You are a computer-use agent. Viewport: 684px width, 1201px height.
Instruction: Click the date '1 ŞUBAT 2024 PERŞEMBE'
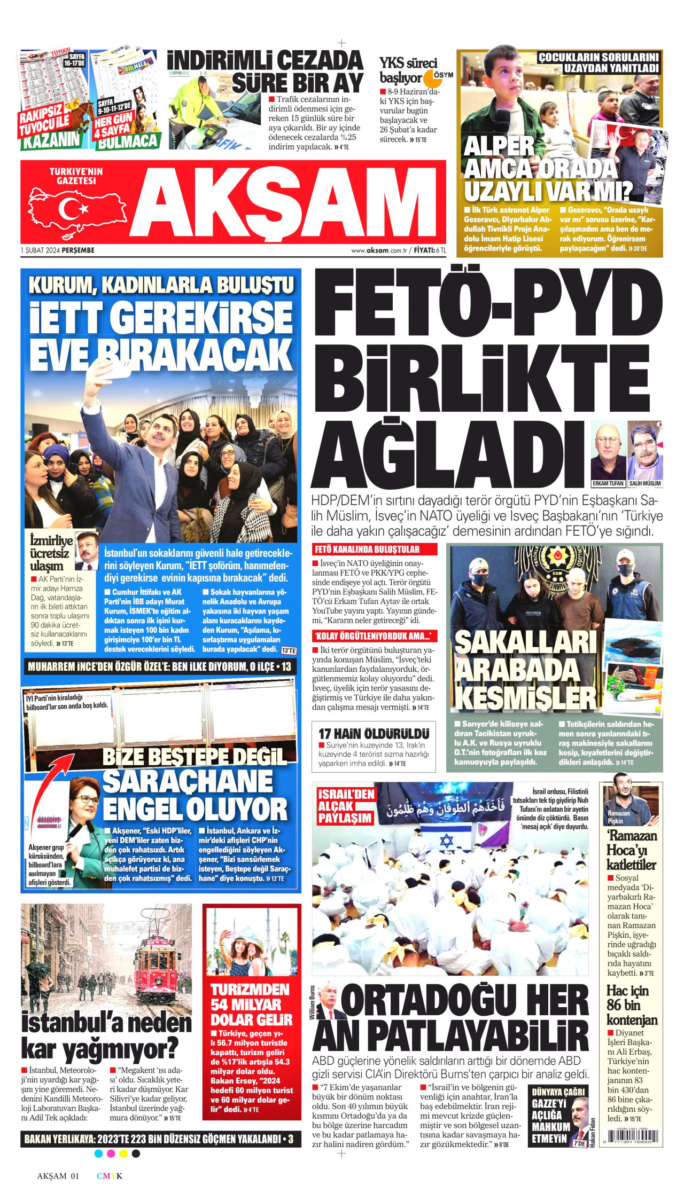coord(57,250)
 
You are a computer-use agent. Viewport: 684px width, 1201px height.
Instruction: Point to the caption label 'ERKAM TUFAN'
coord(608,483)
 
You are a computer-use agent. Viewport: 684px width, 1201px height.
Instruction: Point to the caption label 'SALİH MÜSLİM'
coord(645,483)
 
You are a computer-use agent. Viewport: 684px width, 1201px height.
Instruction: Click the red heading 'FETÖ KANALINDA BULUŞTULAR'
coord(367,550)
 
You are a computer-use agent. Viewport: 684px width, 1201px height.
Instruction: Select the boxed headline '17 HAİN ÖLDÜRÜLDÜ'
coord(374,734)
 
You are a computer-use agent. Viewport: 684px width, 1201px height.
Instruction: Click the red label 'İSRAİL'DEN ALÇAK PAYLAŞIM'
coord(346,806)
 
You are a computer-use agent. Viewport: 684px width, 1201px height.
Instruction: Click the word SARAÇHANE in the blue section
coord(187,781)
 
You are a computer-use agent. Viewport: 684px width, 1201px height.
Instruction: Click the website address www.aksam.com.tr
coord(379,250)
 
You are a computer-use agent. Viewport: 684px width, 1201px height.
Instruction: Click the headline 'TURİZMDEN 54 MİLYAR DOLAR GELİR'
coord(251,1004)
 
